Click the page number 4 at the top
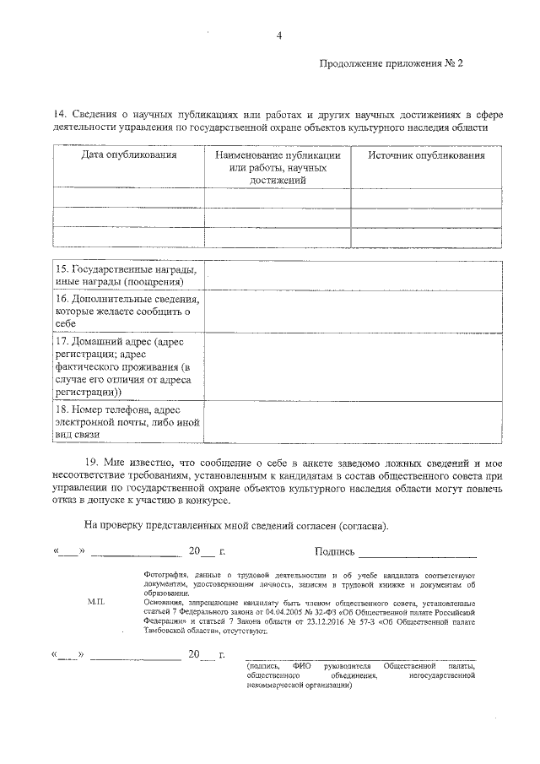(278, 35)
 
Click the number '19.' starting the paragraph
(92, 463)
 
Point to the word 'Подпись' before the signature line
(333, 551)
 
